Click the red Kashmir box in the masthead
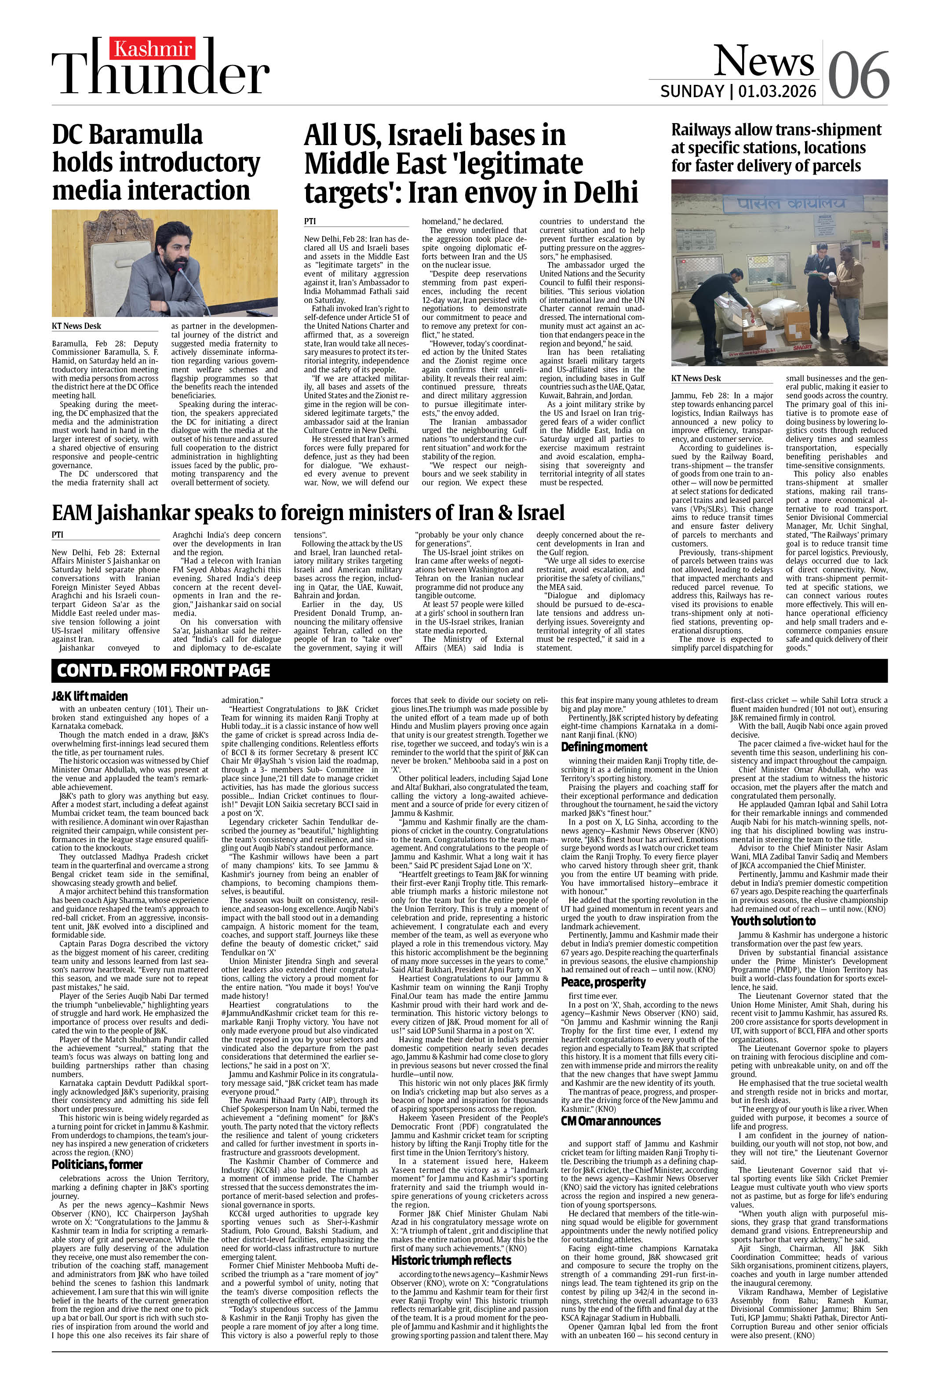153,48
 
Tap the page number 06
858,75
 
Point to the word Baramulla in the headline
149,135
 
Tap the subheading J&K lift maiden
89,696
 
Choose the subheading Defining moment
604,746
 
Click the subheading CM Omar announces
611,1121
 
